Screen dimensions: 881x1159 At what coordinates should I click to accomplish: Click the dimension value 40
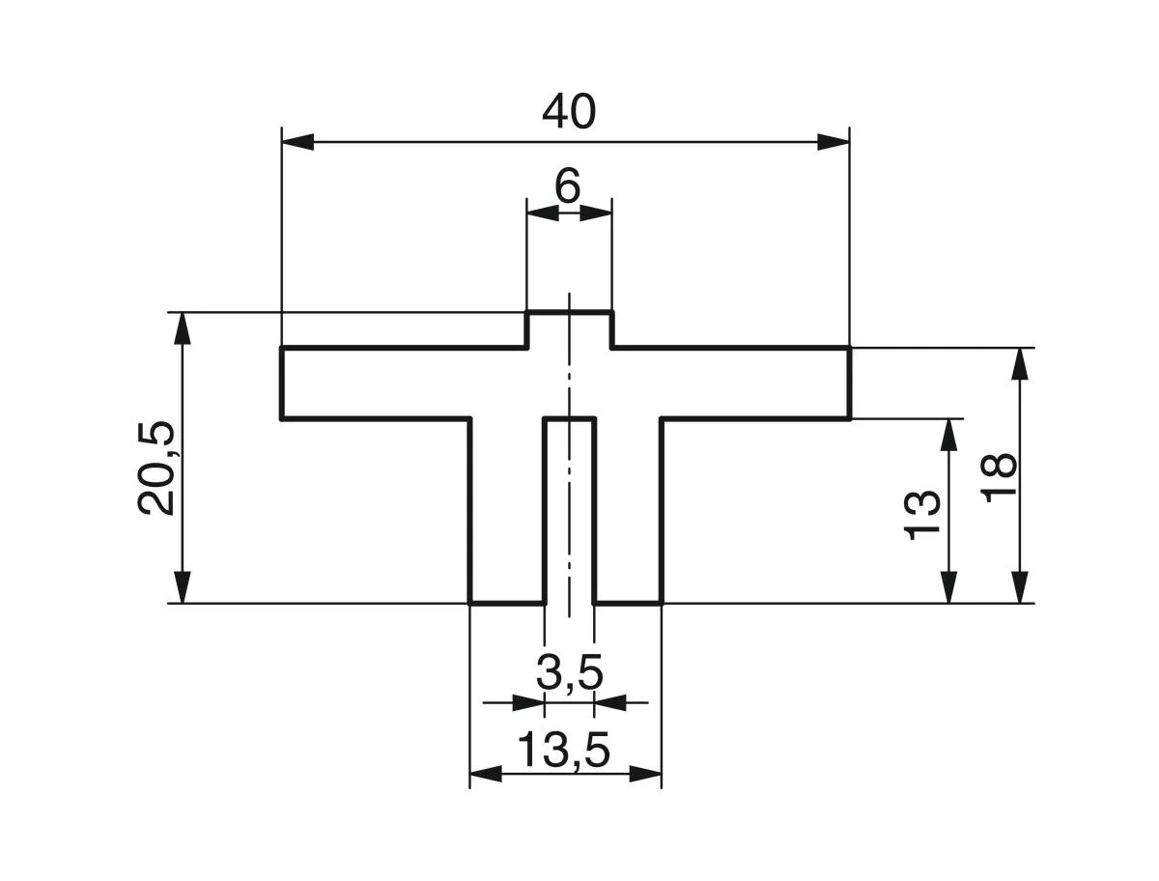coord(569,114)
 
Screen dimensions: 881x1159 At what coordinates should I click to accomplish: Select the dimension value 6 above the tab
coord(568,186)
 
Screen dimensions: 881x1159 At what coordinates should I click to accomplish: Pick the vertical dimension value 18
coord(1001,477)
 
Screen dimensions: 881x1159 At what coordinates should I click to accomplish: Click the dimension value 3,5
coord(570,673)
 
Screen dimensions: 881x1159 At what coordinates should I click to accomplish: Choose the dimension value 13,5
coord(565,751)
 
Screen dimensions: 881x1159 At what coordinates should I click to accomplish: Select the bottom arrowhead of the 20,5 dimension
coord(182,586)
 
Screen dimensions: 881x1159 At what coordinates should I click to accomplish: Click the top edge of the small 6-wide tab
coord(569,312)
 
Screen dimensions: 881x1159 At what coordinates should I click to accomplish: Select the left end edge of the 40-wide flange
coord(281,383)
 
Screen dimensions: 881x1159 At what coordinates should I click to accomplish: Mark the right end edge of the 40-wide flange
coord(850,383)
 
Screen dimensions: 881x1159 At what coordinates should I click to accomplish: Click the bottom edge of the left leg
coord(507,603)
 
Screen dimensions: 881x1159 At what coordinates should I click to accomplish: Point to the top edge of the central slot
coord(569,419)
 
